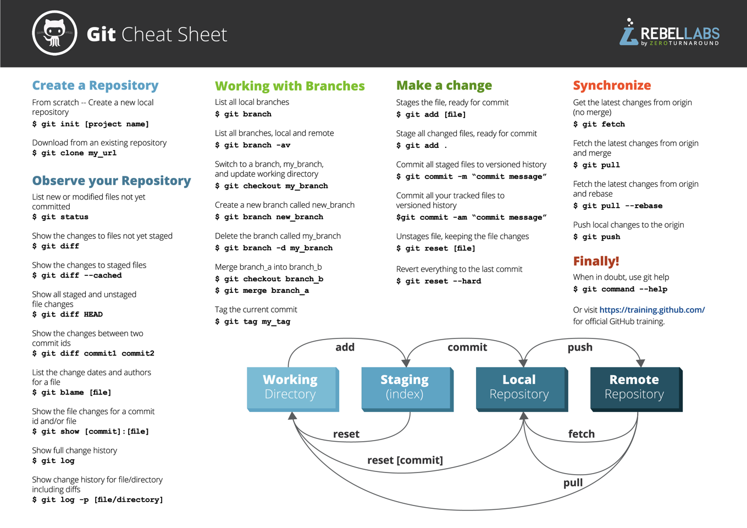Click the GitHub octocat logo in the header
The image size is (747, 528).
54,33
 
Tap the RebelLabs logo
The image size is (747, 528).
669,34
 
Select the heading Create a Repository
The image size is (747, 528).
95,85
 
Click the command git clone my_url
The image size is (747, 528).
74,153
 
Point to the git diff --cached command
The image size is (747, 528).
77,276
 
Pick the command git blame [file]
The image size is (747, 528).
71,393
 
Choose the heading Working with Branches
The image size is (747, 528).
290,86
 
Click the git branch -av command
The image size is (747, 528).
252,146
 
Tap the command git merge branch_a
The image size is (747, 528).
262,291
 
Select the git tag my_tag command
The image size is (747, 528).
252,322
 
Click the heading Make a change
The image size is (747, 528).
444,85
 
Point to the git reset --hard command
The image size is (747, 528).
439,281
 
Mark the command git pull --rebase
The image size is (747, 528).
618,206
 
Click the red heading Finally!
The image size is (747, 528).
596,261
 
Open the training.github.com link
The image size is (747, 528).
652,310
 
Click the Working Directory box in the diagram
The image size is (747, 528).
291,387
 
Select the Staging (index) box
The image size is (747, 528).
405,387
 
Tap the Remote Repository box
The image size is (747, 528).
634,387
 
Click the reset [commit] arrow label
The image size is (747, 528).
405,460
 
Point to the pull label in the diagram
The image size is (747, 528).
573,483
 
